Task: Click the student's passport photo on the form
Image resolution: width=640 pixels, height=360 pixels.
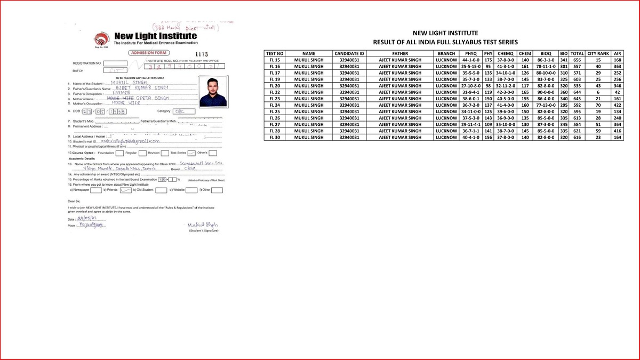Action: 213,90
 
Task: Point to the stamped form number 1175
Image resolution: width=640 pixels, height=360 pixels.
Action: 201,54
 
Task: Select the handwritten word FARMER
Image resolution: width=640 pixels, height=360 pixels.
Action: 122,92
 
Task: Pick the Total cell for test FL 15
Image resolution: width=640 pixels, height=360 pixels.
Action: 577,60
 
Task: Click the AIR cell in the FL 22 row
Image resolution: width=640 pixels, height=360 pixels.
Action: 618,92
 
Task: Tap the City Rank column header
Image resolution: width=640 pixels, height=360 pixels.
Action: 598,54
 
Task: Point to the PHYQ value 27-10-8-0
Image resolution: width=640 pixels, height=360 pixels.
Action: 471,86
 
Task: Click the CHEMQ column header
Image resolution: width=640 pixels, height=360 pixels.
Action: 505,54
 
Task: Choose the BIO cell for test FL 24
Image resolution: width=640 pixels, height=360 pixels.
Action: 563,105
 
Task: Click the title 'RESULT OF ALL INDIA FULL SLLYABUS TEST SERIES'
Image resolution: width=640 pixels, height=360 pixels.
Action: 446,42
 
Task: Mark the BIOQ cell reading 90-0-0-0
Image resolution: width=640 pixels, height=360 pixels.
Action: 546,92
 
